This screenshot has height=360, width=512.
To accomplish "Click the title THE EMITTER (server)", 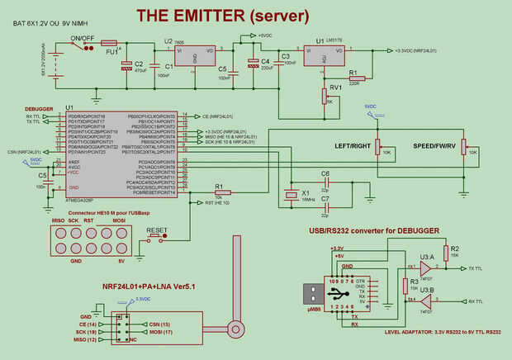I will [222, 16].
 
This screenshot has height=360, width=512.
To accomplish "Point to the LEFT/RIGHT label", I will [353, 145].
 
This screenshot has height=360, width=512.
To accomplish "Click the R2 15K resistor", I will [445, 253].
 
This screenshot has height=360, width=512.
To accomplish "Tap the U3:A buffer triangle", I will [426, 268].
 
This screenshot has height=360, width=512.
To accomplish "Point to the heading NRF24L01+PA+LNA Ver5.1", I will [148, 286].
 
